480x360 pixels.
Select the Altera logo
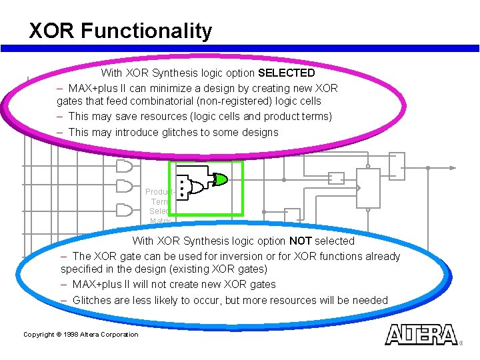coord(422,334)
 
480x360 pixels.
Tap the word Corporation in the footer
coord(120,335)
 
